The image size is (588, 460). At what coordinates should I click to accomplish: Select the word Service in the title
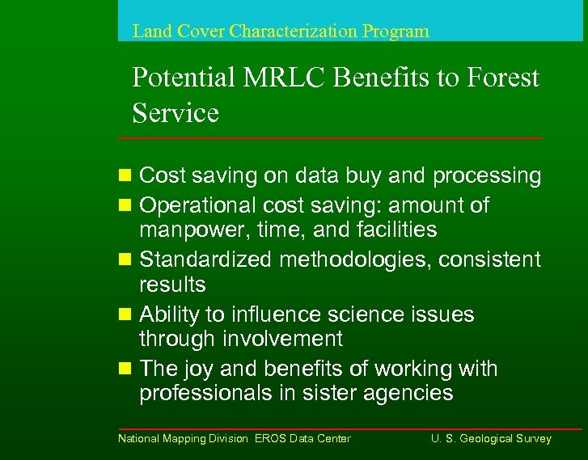[176, 113]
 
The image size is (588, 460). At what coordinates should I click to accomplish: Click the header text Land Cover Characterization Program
[281, 32]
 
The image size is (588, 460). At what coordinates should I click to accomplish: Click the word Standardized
[206, 260]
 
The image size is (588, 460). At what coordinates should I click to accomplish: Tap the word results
[172, 285]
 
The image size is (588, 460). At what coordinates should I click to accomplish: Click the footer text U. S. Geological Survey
[491, 439]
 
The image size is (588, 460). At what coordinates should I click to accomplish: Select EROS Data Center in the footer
[302, 439]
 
